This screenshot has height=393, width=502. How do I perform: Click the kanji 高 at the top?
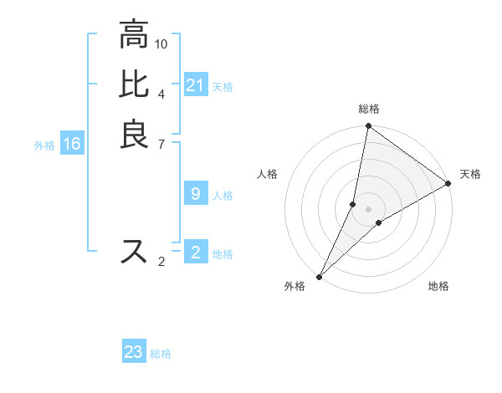coord(135,35)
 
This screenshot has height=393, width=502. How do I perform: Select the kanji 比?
coord(135,84)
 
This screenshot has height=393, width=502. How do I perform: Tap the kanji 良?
coord(135,134)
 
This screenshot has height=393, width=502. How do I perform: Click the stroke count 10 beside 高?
coord(161,43)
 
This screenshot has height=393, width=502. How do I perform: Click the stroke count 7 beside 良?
coord(161,143)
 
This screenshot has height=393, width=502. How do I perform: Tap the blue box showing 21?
coord(195,85)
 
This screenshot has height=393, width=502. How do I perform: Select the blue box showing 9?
coord(195,194)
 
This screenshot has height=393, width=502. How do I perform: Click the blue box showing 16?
coord(72,144)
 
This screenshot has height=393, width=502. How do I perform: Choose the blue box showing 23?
coord(134,352)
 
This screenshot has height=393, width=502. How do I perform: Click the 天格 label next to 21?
coord(223,87)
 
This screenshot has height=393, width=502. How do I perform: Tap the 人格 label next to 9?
coord(223,196)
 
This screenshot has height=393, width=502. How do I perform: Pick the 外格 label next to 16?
coord(44,145)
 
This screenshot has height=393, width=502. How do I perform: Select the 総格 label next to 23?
coord(161,354)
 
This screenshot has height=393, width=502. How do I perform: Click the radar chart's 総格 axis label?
coord(368,110)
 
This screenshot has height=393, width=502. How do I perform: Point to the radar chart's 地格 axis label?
coord(438,287)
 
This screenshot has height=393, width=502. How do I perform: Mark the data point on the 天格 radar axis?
coord(448,184)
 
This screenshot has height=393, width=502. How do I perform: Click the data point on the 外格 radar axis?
coord(320,276)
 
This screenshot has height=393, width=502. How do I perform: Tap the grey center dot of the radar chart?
coord(368,209)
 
